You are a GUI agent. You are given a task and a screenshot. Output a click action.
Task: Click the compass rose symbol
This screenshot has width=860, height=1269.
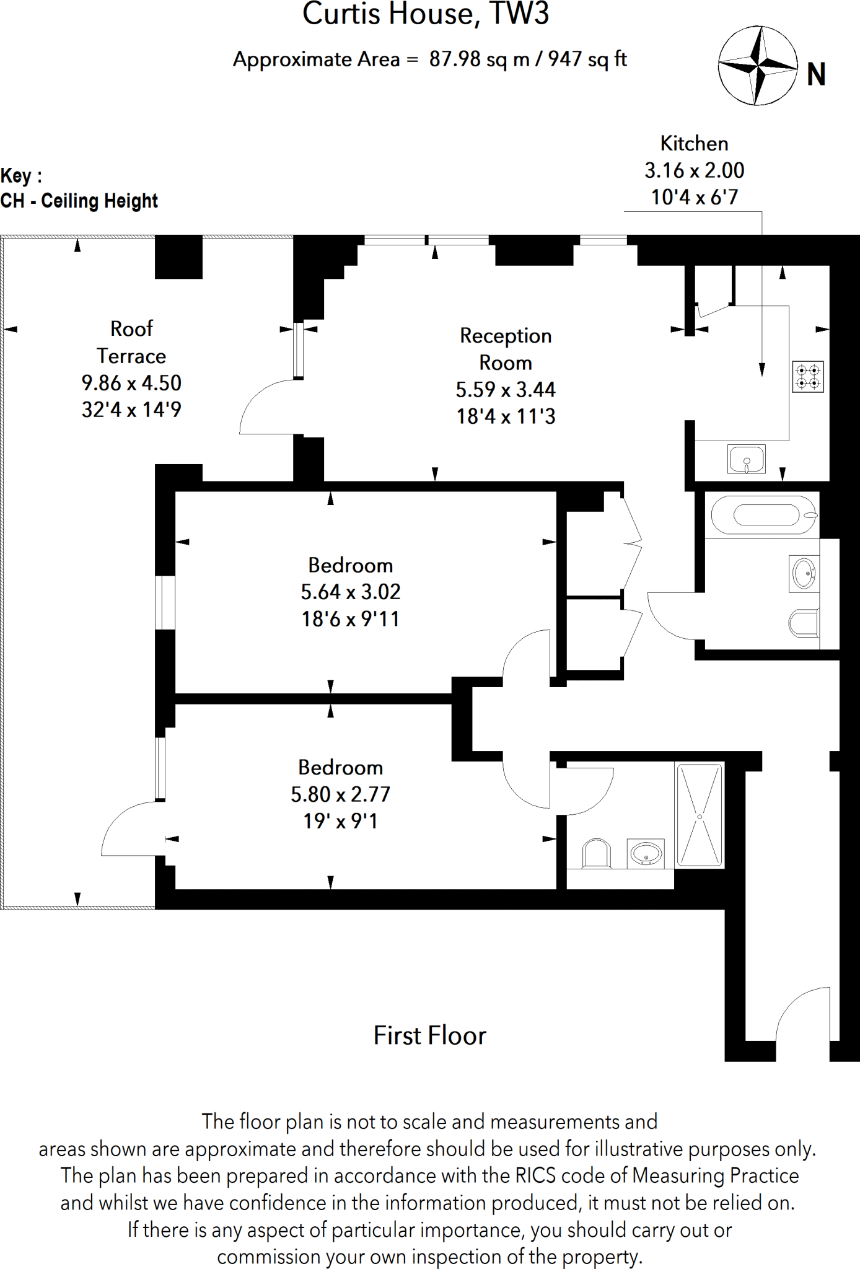pos(757,64)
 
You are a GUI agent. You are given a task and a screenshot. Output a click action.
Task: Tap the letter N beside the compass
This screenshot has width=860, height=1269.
pos(816,75)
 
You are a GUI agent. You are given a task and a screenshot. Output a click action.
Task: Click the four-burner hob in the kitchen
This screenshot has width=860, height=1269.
pos(808,377)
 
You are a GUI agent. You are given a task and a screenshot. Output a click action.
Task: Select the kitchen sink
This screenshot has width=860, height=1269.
pos(746,460)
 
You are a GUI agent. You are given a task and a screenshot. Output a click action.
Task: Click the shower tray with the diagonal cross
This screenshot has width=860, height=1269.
pos(700,815)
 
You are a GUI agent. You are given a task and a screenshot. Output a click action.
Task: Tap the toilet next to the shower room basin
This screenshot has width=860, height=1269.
pos(597,854)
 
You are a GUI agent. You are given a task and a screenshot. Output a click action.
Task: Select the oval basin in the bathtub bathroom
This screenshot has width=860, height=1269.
pos(804,573)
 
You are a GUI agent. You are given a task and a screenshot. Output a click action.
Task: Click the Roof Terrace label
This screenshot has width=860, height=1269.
pos(131,342)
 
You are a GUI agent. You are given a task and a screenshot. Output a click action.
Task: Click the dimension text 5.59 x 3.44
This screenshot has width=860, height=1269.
pos(506,390)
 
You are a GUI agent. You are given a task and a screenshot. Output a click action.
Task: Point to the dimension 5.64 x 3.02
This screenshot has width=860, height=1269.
pos(351,592)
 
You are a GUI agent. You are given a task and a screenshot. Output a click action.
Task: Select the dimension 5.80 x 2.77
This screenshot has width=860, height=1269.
pos(341,794)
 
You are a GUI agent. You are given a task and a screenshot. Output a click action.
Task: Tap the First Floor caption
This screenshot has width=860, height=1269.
pos(429,1036)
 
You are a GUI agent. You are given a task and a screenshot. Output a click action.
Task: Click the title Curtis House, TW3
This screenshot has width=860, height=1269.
pos(426,15)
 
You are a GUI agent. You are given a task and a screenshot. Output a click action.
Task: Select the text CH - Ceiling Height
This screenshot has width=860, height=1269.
pos(79,201)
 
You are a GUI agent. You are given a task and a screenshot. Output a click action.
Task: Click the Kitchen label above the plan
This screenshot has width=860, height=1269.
pos(694,144)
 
